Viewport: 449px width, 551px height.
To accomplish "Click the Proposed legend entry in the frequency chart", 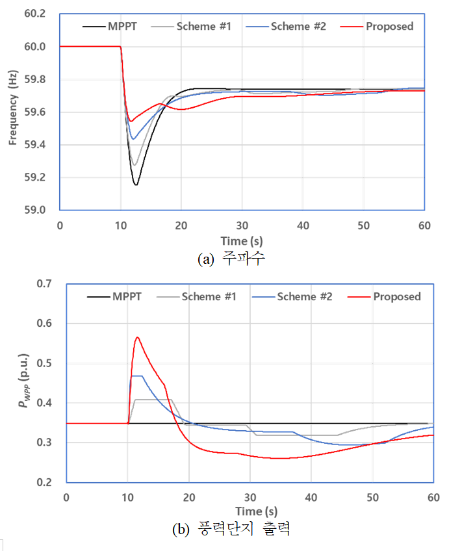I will coord(389,26).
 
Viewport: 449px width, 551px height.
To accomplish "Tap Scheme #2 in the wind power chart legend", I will coord(305,297).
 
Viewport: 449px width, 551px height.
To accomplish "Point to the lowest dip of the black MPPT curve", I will coord(136,185).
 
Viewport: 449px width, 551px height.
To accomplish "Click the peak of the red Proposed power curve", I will coord(137,337).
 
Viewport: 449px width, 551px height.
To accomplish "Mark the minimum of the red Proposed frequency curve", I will coord(130,121).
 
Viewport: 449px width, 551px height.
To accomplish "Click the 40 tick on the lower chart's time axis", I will coord(311,496).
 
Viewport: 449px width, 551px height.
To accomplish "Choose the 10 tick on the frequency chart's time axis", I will coord(121,224).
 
